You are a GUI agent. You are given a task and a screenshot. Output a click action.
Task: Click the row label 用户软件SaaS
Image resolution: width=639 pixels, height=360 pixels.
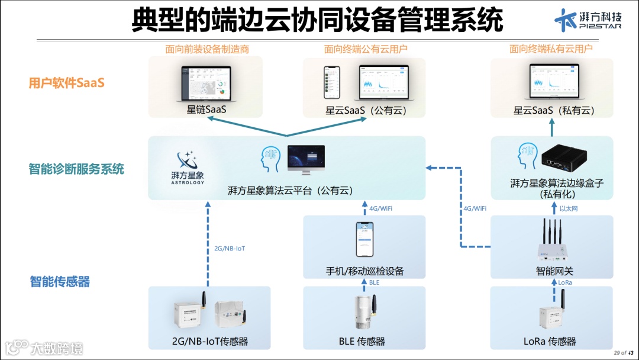(66, 83)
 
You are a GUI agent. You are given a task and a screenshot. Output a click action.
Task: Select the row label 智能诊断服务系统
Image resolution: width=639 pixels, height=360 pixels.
(76, 169)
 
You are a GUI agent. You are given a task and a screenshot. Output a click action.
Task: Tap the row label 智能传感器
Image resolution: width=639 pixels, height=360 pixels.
(60, 282)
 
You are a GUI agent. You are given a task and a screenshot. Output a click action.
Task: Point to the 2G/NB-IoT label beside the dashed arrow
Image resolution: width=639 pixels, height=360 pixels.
(230, 249)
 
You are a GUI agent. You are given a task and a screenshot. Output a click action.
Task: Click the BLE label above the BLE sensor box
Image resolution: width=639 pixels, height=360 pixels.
(375, 283)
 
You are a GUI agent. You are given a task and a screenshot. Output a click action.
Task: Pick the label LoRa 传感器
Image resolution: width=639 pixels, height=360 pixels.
(550, 341)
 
